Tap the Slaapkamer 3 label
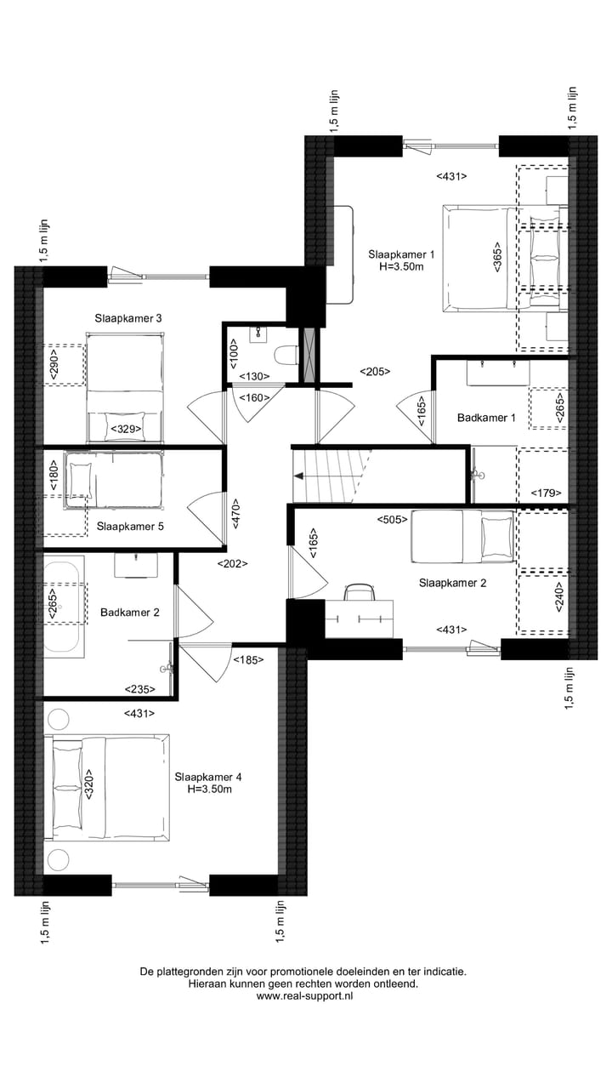point(128,318)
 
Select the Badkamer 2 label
point(129,612)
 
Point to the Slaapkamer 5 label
point(130,527)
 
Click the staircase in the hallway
point(331,476)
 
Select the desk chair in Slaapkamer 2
point(360,592)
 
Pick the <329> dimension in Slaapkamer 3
point(125,430)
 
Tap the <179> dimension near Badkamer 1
point(545,493)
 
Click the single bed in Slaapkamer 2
point(462,537)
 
